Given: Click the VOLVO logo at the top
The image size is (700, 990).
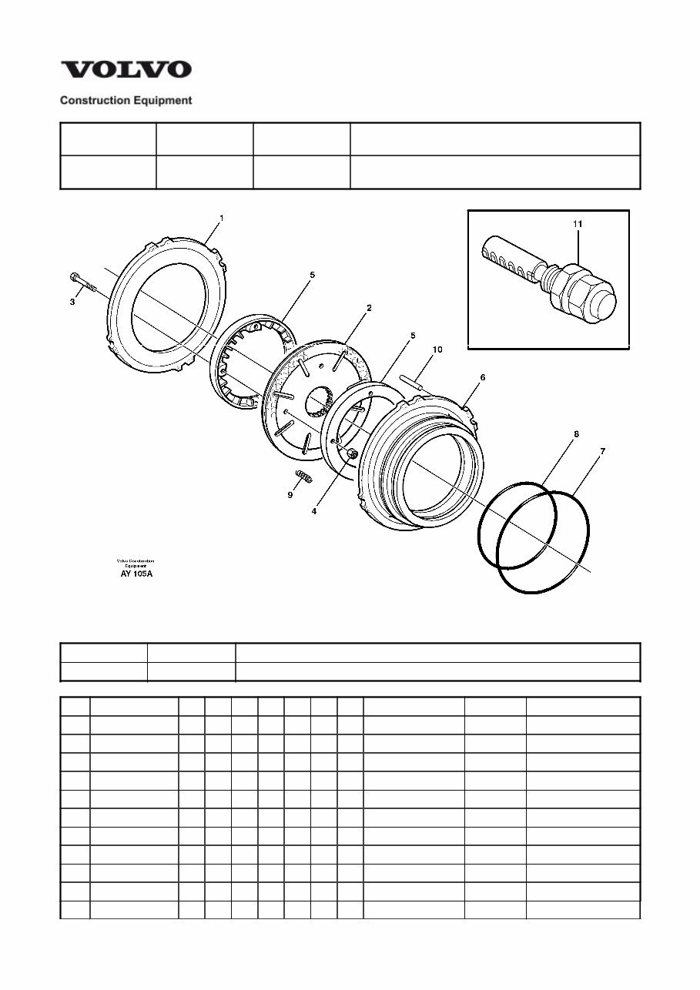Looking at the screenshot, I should pos(126,70).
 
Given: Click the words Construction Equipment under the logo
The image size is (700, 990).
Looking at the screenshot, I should pos(126,100).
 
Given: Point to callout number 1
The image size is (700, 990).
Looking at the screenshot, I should pos(221,219).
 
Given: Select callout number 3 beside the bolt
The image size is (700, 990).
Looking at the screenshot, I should pos(72,303).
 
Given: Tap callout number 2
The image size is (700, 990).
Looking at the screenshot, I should pos(369,308).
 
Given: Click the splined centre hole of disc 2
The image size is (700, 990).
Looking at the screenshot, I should pos(317,402).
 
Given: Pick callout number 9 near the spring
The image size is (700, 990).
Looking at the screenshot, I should pos(290,495).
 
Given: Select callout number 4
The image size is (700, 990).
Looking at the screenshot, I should pos(314,510).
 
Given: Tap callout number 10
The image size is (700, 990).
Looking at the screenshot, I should pos(437,350).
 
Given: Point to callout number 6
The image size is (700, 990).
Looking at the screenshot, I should pos(483,378).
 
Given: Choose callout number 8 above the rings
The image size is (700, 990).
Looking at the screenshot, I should pos(576,434).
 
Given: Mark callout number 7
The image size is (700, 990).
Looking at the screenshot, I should pos(602,451).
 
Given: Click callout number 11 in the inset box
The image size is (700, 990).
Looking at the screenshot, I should pos(578,223).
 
